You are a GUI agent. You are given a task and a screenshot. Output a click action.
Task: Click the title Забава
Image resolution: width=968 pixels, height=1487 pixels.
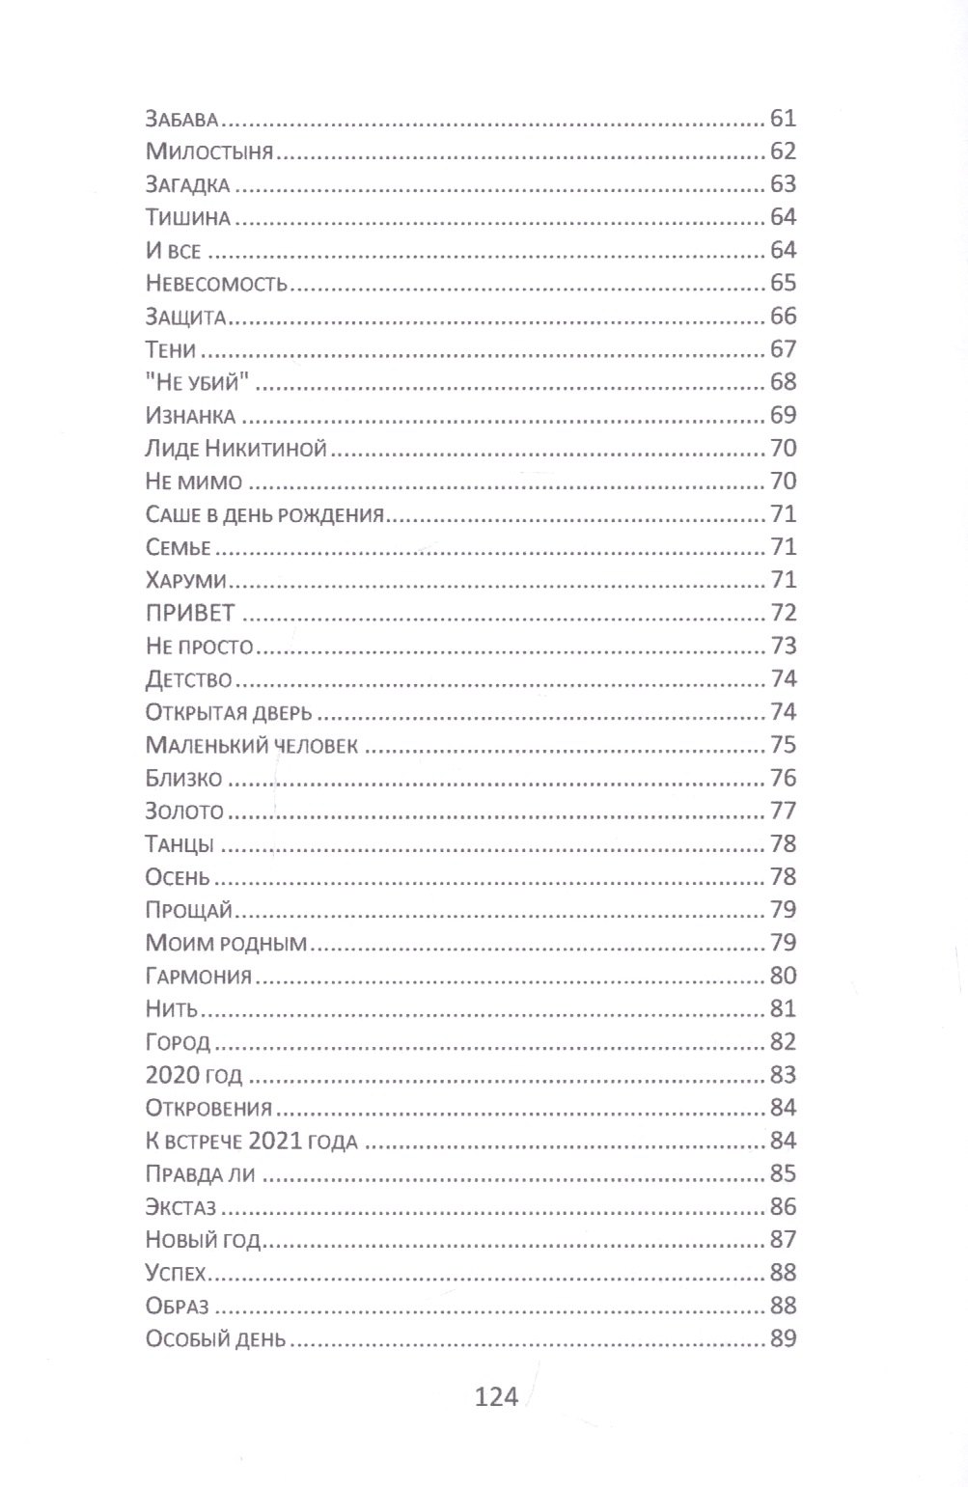tap(184, 120)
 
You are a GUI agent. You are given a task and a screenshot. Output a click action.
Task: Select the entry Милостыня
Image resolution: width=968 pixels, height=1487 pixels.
tap(209, 152)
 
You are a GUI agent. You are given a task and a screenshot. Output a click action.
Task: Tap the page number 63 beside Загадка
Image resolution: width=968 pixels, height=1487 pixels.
tap(783, 184)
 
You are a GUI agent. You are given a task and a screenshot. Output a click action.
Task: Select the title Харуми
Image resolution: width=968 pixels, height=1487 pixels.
tap(185, 581)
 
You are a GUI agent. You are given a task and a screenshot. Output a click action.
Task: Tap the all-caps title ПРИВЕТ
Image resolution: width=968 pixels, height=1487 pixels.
tap(190, 614)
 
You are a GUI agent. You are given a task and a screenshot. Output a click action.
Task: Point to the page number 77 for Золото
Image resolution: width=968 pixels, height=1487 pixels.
tap(783, 811)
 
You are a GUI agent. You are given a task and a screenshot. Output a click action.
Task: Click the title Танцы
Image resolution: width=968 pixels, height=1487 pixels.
tap(180, 844)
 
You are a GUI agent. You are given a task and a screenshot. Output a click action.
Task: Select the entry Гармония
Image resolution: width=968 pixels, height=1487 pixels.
tap(198, 977)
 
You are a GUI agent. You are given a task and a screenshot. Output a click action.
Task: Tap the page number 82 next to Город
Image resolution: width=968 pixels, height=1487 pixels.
tap(783, 1042)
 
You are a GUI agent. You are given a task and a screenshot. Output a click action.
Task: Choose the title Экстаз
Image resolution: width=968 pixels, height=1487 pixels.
tap(180, 1207)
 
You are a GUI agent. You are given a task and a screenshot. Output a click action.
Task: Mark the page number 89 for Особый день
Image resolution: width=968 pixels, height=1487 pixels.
tap(783, 1338)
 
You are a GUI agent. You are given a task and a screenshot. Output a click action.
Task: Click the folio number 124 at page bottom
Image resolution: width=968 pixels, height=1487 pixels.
tap(497, 1396)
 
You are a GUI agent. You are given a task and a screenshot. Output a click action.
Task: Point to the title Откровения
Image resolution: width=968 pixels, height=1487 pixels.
tap(208, 1108)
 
